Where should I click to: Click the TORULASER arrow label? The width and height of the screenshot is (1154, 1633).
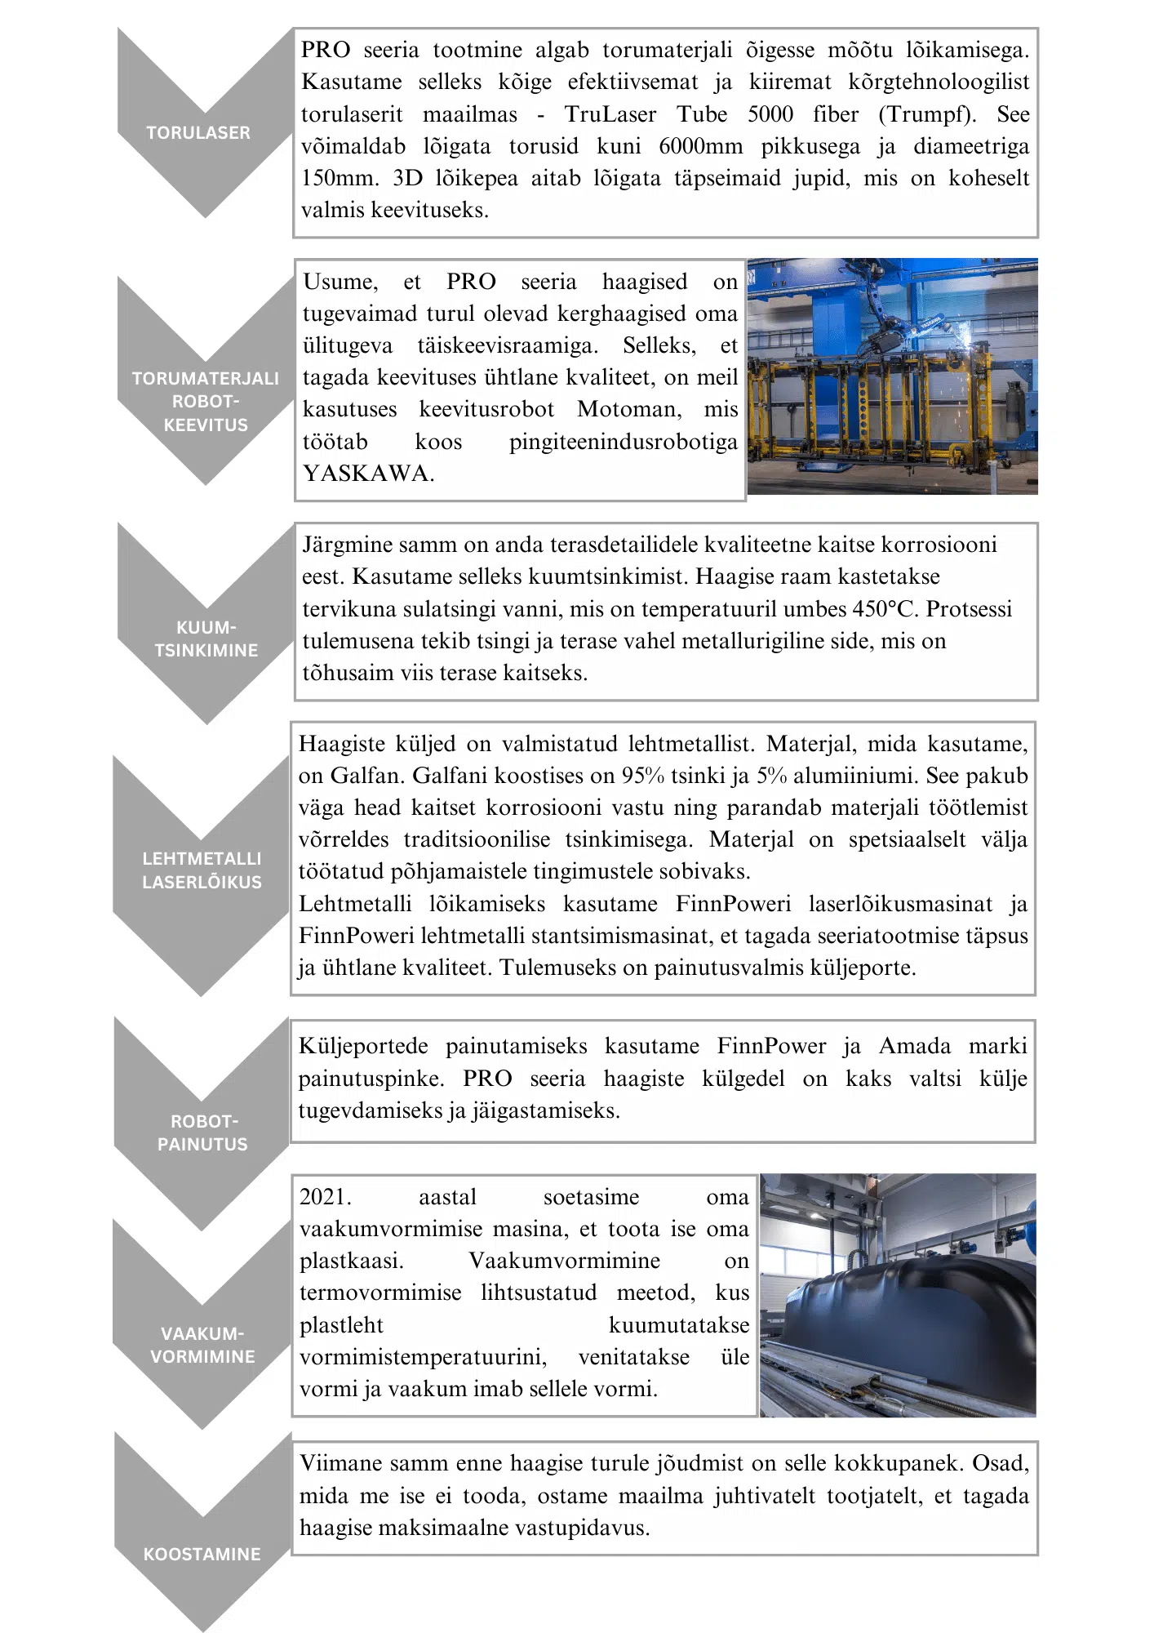(x=198, y=132)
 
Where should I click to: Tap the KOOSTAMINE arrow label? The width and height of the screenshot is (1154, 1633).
(x=202, y=1554)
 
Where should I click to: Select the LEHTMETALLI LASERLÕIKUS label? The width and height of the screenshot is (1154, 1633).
(x=202, y=870)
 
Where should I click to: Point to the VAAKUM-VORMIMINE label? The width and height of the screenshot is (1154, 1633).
(x=202, y=1345)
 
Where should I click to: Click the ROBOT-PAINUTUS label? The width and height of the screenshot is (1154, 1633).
(x=202, y=1132)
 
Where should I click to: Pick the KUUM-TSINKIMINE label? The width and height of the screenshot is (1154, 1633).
(x=206, y=639)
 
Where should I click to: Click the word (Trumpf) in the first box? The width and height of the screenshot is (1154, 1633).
(x=927, y=114)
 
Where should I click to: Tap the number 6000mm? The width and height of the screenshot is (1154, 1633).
(x=700, y=146)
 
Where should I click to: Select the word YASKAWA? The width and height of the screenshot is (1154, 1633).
(x=366, y=474)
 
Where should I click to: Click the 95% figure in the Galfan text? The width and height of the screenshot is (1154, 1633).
(x=642, y=776)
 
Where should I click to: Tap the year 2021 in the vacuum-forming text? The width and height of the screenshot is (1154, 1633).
(x=324, y=1197)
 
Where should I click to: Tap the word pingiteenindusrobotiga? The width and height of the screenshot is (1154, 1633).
(x=623, y=442)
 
